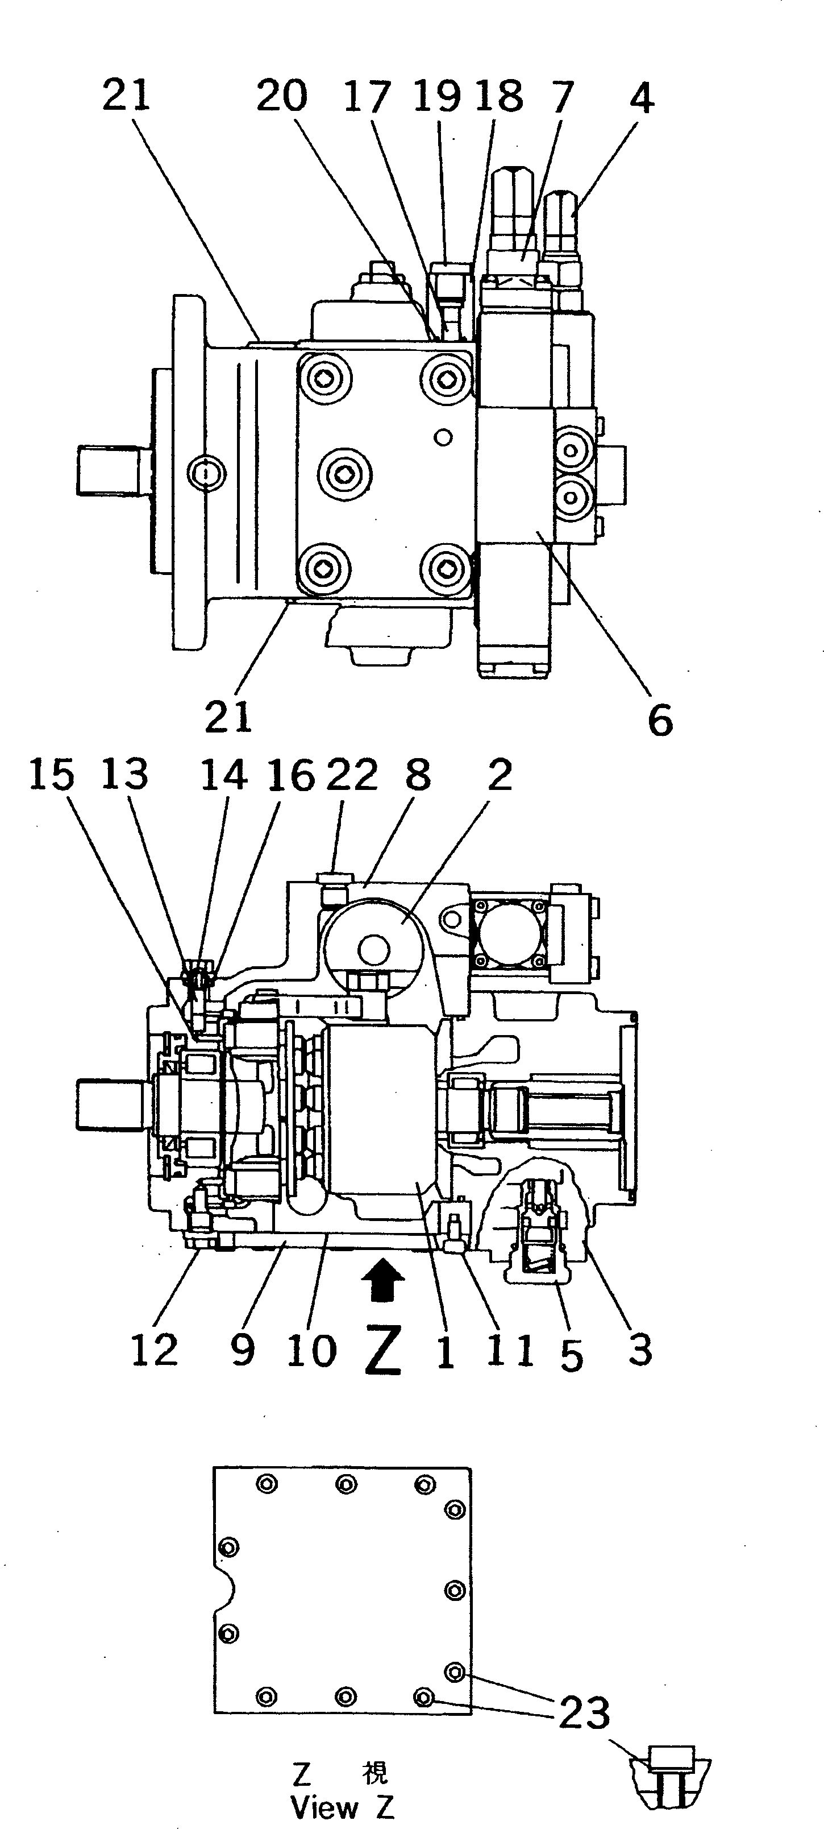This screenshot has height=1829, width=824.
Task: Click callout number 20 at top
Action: pos(282,96)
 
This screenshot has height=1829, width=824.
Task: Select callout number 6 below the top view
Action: pos(659,721)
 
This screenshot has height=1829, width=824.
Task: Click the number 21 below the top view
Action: pos(228,717)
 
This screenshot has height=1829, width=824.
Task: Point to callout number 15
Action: pos(51,774)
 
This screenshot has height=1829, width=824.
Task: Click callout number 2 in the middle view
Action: pos(500,775)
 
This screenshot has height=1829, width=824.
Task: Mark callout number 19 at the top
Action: pos(437,96)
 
